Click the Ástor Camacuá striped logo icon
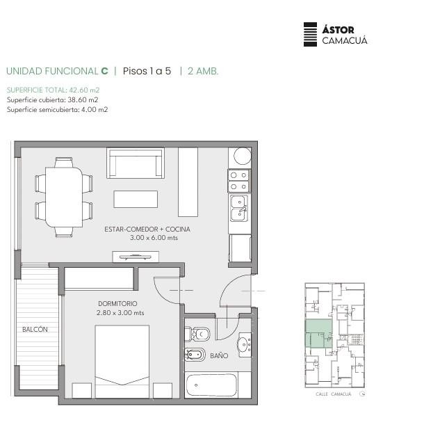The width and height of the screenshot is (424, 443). [310, 35]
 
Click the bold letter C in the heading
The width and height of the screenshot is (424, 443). [104, 71]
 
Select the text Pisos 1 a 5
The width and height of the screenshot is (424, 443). [147, 71]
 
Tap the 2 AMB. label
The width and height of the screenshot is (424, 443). [203, 71]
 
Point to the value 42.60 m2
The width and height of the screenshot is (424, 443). [84, 90]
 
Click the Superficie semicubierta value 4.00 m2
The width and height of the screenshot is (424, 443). [95, 110]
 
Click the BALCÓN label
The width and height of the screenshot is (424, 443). [35, 329]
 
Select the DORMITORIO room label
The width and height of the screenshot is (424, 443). [117, 303]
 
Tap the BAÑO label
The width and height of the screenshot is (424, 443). [219, 355]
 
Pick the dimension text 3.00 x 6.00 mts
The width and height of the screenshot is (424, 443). [154, 238]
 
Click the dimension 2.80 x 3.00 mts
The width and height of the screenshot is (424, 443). [120, 313]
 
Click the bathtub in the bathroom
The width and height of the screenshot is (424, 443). [211, 385]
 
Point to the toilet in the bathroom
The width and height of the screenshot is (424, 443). [197, 335]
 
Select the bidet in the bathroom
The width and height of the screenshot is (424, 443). [195, 355]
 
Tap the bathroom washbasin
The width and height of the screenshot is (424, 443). [245, 345]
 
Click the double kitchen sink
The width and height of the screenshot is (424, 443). [239, 208]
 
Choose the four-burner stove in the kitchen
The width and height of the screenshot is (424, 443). [239, 181]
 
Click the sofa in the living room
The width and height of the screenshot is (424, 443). [136, 163]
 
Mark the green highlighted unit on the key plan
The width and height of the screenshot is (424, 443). [319, 333]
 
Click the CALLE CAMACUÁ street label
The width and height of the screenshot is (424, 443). [334, 394]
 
